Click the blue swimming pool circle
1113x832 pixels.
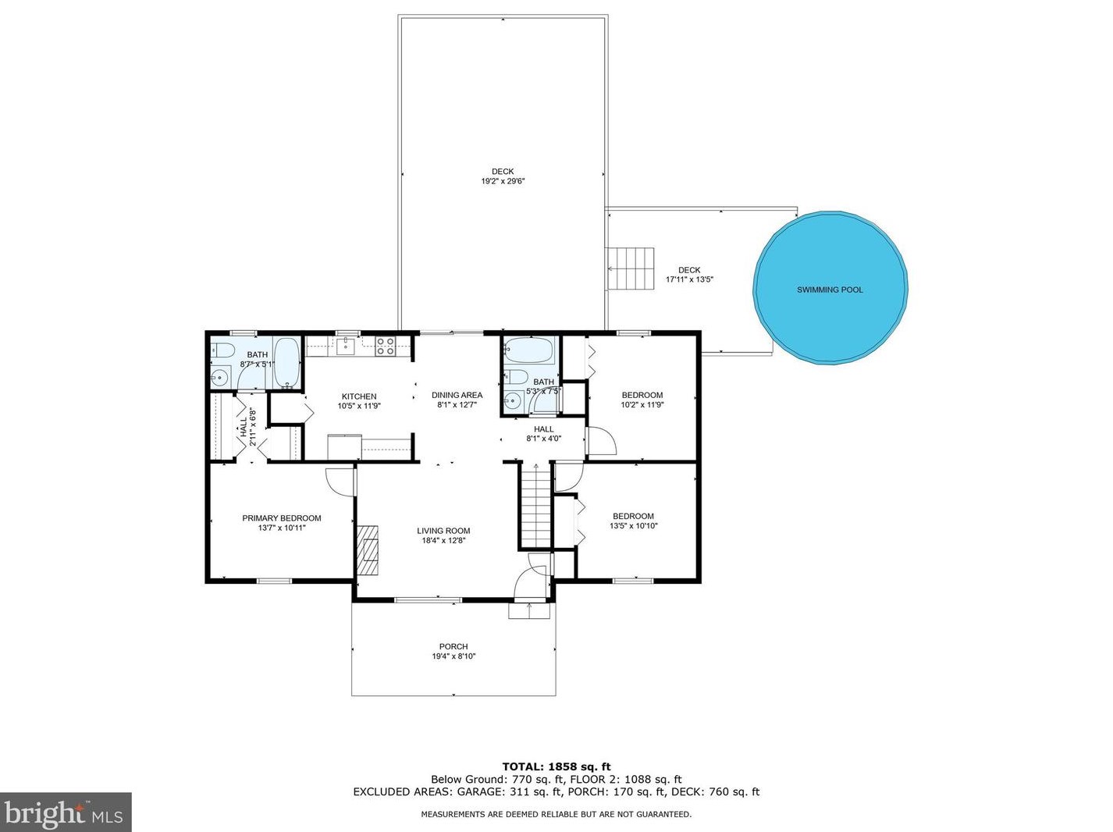[830, 288]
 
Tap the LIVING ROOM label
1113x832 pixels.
[443, 531]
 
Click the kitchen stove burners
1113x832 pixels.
[385, 346]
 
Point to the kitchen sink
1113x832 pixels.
[345, 347]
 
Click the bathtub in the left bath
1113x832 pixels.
[287, 363]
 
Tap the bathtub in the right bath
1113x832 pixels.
[529, 350]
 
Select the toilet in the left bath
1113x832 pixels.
[222, 350]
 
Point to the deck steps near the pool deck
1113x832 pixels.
[631, 268]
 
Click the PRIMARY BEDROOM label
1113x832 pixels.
[282, 518]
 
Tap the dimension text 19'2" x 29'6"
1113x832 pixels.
[503, 181]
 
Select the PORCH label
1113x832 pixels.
[453, 646]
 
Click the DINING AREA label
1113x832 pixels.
[457, 395]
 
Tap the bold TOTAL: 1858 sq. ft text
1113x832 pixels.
[556, 767]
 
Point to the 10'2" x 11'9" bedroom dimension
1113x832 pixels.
[642, 404]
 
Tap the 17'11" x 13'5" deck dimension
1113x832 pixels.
[689, 279]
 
